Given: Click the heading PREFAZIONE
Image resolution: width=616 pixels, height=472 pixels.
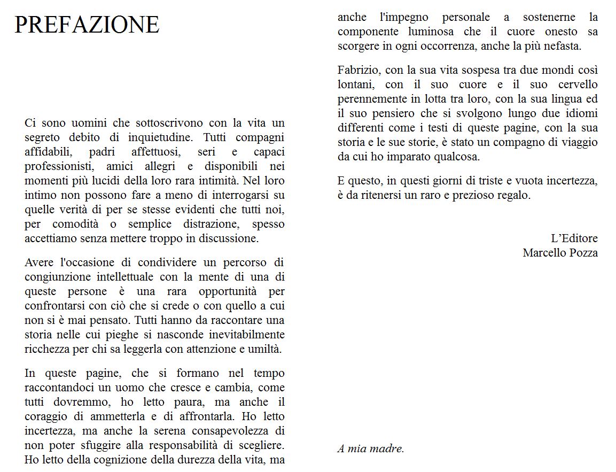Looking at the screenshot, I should tap(87, 25).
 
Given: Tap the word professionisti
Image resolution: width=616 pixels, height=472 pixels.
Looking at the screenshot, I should tap(58, 166).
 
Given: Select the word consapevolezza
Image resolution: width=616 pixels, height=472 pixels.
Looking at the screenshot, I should tap(227, 431).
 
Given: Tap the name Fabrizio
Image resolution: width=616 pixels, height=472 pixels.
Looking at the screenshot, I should tap(358, 70).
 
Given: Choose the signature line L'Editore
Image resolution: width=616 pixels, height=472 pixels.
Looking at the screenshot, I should tap(574, 238).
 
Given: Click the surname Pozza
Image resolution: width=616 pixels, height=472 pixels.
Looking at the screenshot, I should tap(582, 253).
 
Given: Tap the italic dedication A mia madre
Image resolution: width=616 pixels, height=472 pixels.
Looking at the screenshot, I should tap(371, 449).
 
